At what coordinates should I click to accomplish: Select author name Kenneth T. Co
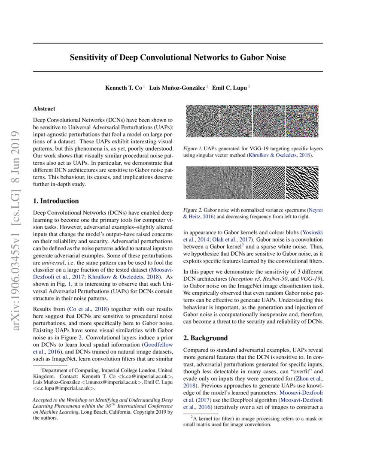pyautogui.click(x=124, y=88)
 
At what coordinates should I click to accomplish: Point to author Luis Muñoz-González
pyautogui.click(x=177, y=88)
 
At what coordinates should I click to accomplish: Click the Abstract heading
pyautogui.click(x=44, y=109)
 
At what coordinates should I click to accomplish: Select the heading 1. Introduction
pyautogui.click(x=56, y=201)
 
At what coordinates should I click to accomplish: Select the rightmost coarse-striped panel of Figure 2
pyautogui.click(x=302, y=183)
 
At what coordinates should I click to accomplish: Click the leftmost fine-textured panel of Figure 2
pyautogui.click(x=202, y=183)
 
